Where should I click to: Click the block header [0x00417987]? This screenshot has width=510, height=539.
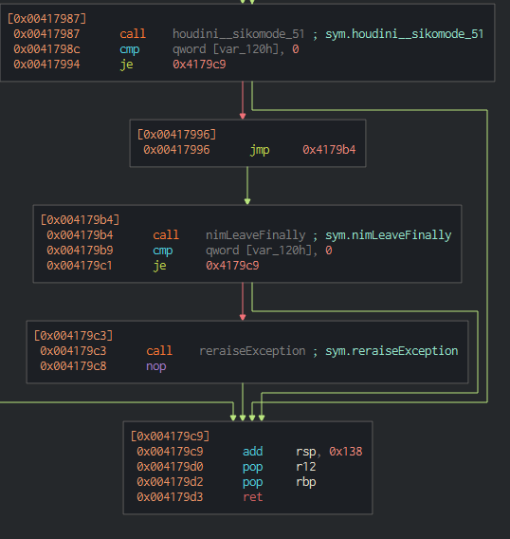(x=46, y=19)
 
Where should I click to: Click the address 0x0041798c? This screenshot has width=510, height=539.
(x=46, y=49)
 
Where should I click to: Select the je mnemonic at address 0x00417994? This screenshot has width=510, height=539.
(x=126, y=65)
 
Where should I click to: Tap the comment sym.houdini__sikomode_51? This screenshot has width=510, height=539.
(x=404, y=34)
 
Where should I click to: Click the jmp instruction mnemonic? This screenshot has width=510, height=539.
(x=260, y=150)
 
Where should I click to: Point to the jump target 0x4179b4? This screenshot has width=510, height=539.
(x=329, y=150)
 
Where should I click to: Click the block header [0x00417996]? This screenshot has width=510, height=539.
(x=176, y=135)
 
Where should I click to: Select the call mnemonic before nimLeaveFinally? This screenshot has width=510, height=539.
(x=166, y=235)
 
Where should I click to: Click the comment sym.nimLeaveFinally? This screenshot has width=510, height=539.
(x=388, y=235)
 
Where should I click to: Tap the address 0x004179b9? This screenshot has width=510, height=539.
(x=80, y=251)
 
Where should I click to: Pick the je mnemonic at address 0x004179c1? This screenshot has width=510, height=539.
(x=159, y=266)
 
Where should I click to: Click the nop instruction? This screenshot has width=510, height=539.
(x=156, y=366)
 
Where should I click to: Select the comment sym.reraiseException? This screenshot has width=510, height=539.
(x=392, y=351)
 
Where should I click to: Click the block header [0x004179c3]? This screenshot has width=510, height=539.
(x=73, y=336)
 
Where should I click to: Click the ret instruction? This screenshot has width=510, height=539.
(x=253, y=497)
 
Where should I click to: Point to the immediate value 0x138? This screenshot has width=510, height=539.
(x=346, y=452)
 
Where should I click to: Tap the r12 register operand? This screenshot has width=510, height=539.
(x=306, y=467)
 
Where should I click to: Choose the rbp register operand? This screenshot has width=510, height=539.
(x=306, y=482)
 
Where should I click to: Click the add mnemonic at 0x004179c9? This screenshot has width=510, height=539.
(x=253, y=452)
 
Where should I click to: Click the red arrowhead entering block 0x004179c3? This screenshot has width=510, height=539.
(x=243, y=317)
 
